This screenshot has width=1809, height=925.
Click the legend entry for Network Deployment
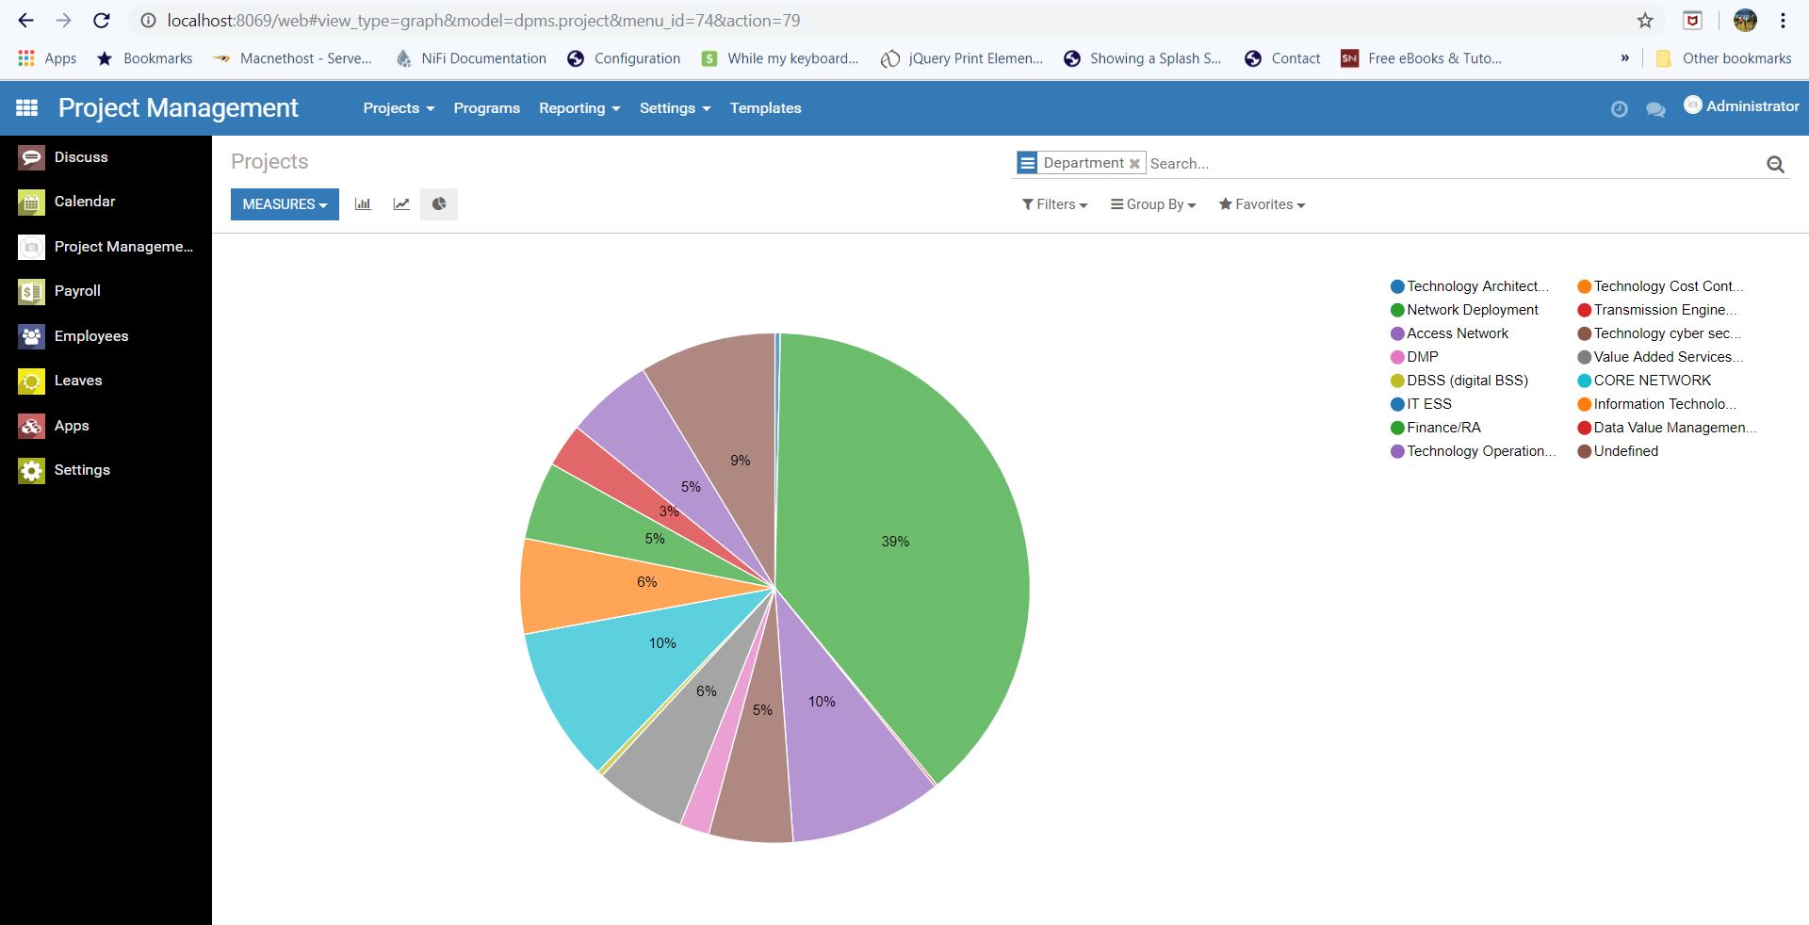tap(1472, 310)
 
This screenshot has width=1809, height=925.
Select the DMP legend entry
tap(1422, 357)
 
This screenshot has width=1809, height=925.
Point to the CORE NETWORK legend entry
tap(1652, 381)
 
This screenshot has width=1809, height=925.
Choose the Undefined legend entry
tap(1625, 451)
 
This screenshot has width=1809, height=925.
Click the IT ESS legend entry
tap(1428, 404)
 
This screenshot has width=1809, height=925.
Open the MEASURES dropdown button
tap(285, 204)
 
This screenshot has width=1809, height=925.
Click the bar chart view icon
tap(363, 204)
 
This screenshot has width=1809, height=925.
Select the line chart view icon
tap(401, 204)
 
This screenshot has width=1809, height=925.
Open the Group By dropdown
tap(1153, 204)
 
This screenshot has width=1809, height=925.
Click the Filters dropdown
tap(1054, 204)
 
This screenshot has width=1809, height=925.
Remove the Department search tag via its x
tap(1134, 164)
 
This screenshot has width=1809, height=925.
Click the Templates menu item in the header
tap(765, 108)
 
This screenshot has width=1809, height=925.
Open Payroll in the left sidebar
tap(77, 291)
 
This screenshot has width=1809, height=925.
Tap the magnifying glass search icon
tap(1775, 164)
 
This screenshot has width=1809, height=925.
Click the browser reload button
tap(102, 21)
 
